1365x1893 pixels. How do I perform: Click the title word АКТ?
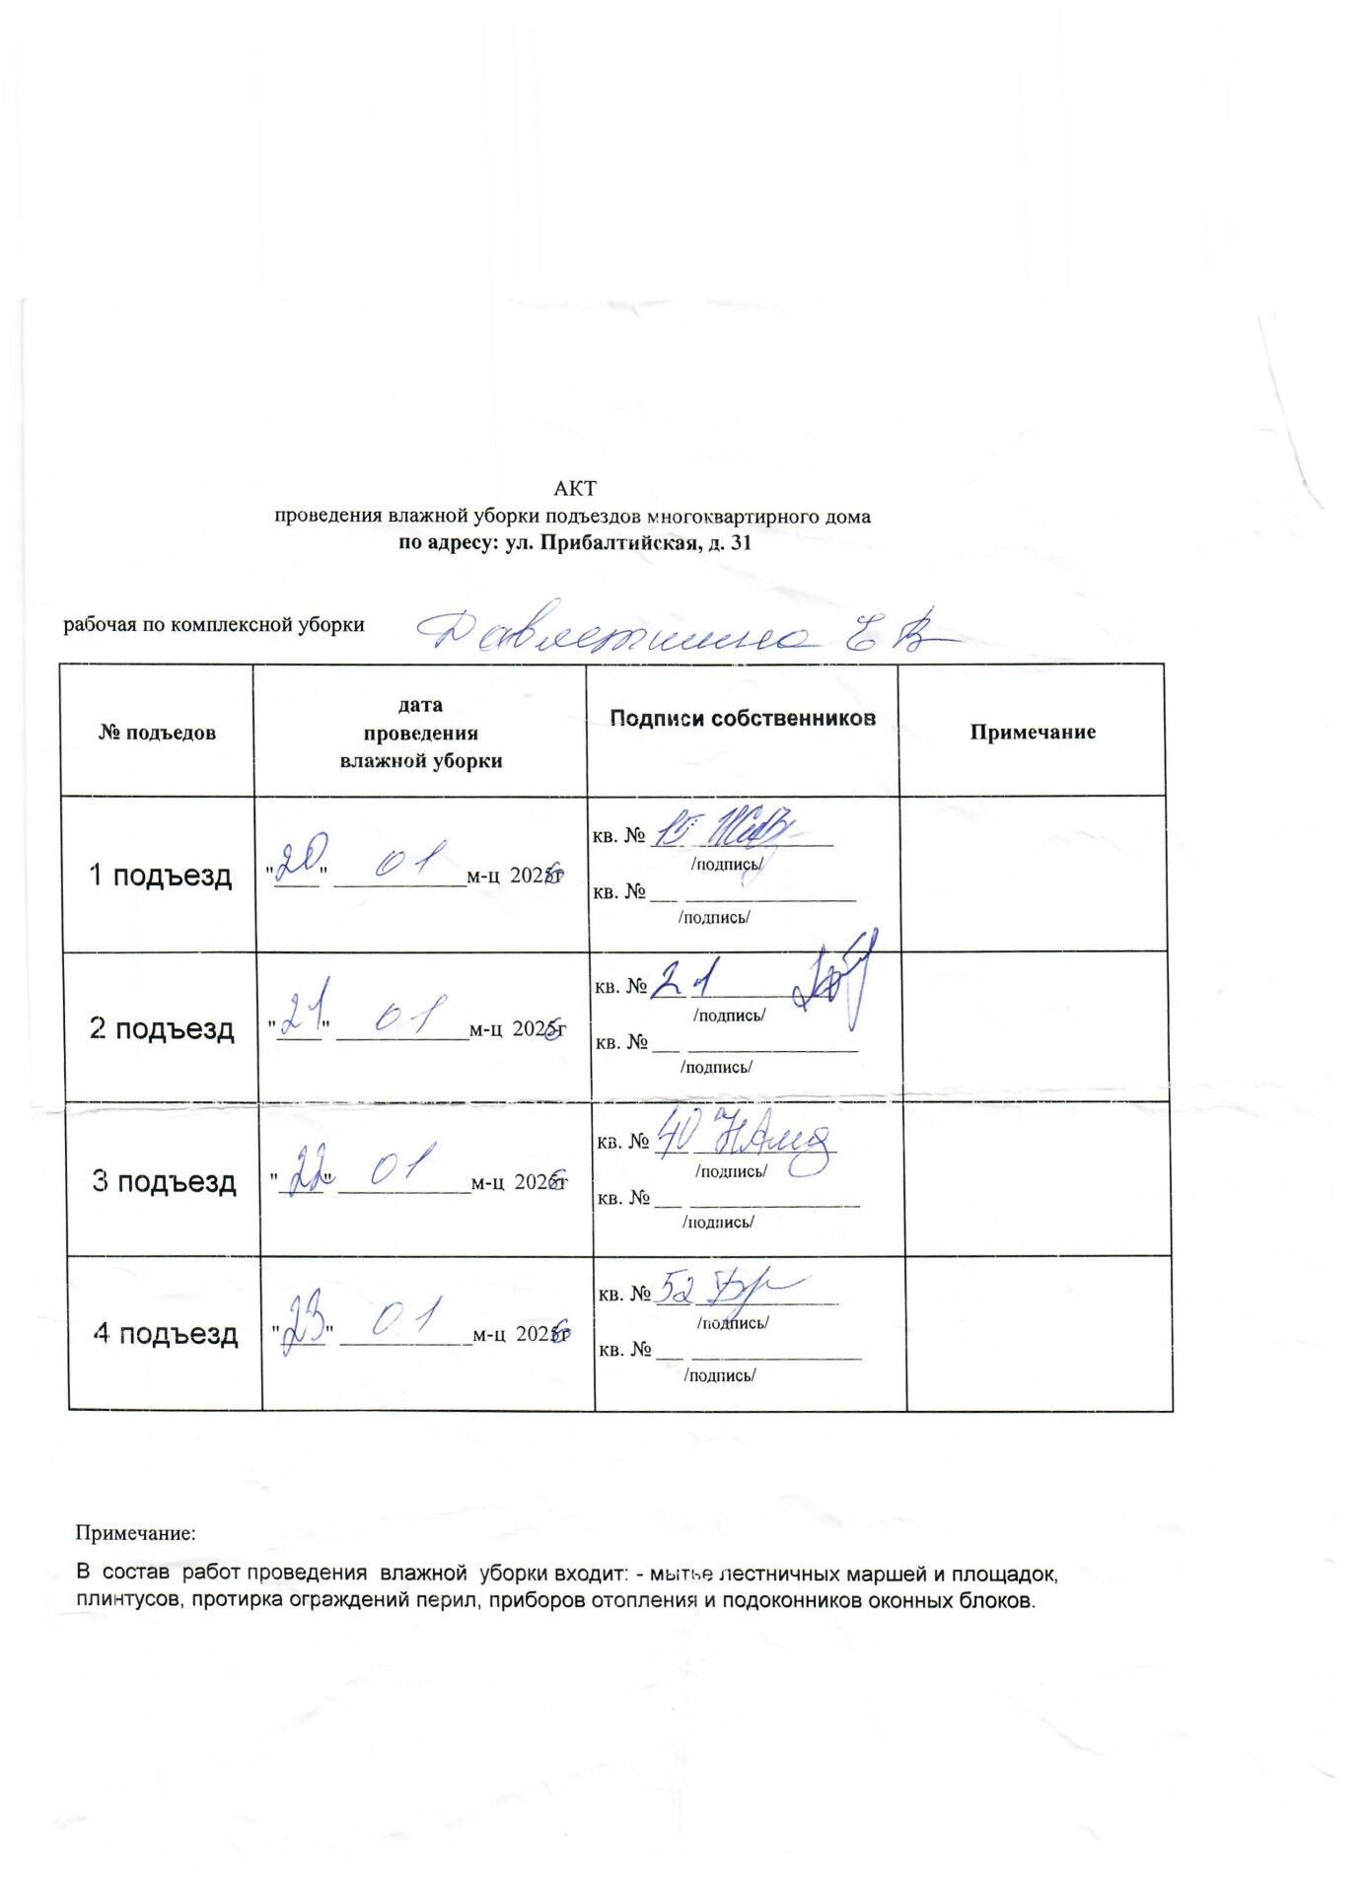[575, 489]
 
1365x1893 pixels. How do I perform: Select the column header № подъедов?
[157, 733]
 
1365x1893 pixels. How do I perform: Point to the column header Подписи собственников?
[742, 719]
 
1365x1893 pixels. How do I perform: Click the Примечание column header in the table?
[1033, 732]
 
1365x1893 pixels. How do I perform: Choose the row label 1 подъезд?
[161, 876]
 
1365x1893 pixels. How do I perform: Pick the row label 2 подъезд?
[162, 1028]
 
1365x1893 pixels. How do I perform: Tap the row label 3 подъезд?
[164, 1181]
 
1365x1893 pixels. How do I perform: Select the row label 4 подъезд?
[166, 1334]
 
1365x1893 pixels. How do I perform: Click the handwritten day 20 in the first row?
[294, 863]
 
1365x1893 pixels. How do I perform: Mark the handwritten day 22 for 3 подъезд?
[302, 1168]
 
